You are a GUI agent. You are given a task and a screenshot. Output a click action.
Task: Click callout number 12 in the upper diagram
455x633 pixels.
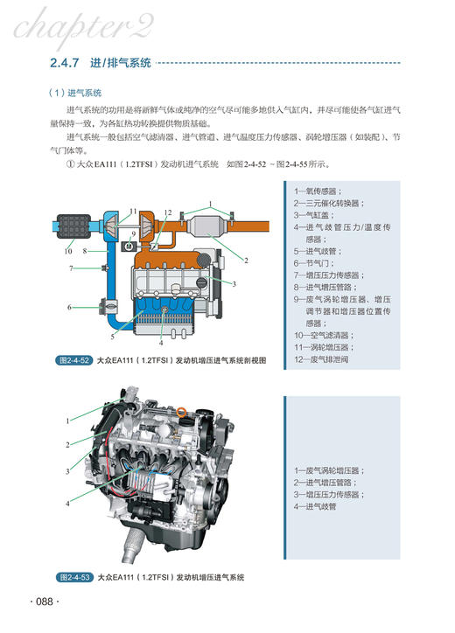168,212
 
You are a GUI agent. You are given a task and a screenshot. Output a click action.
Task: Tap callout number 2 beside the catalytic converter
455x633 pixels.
247,260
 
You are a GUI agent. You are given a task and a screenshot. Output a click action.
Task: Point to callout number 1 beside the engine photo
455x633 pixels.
67,421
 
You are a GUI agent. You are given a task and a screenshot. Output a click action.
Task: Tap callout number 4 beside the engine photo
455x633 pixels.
67,503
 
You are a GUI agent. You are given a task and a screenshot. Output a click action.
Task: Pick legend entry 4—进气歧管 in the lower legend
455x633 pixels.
315,505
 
